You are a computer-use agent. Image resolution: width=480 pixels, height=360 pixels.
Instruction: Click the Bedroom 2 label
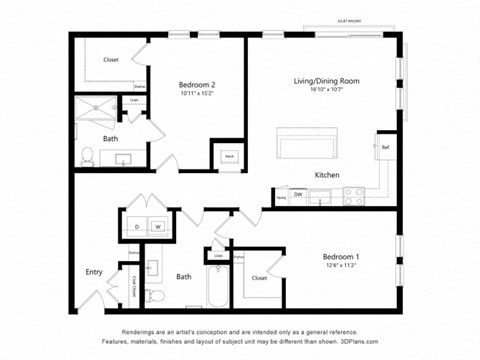pyautogui.click(x=197, y=85)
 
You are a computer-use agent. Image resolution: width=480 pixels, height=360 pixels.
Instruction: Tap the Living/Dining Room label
pyautogui.click(x=326, y=80)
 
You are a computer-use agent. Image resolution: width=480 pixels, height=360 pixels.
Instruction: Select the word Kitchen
pyautogui.click(x=327, y=175)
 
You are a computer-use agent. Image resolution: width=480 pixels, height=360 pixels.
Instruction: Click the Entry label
pyautogui.click(x=94, y=272)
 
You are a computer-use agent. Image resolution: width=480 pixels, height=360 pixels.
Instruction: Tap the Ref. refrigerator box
pyautogui.click(x=385, y=147)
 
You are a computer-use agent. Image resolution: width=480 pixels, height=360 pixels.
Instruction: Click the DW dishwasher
pyautogui.click(x=298, y=194)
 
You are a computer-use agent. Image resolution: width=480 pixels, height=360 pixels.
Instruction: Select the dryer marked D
pyautogui.click(x=136, y=227)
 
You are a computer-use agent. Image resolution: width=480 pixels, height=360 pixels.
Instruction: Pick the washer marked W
pyautogui.click(x=157, y=227)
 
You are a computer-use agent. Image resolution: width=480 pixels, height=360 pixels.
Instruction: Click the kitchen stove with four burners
pyautogui.click(x=355, y=195)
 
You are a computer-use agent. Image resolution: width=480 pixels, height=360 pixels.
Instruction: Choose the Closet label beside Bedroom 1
pyautogui.click(x=259, y=278)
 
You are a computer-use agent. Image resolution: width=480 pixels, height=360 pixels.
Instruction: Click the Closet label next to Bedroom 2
pyautogui.click(x=110, y=60)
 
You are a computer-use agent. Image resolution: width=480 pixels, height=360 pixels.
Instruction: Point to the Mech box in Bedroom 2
pyautogui.click(x=228, y=157)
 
